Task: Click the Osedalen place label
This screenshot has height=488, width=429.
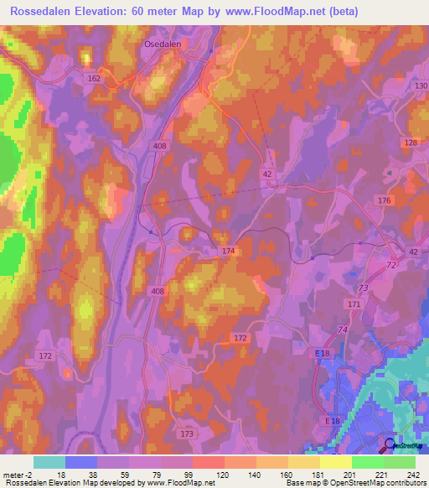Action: (x=163, y=47)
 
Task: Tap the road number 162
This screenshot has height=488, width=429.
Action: (x=94, y=78)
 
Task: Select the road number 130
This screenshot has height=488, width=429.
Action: (x=421, y=86)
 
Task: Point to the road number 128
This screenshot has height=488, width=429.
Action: (x=410, y=143)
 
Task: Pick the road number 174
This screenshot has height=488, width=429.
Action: (x=230, y=251)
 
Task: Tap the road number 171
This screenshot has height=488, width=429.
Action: (x=354, y=304)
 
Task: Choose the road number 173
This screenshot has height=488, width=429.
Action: (x=186, y=433)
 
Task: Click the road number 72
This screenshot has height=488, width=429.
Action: (x=390, y=265)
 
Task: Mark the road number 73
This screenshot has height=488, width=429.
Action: (x=364, y=288)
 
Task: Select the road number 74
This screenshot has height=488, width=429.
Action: (x=341, y=330)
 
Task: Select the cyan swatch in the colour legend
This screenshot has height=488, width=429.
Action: (x=49, y=462)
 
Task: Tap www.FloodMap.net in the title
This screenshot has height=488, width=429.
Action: (x=287, y=12)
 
